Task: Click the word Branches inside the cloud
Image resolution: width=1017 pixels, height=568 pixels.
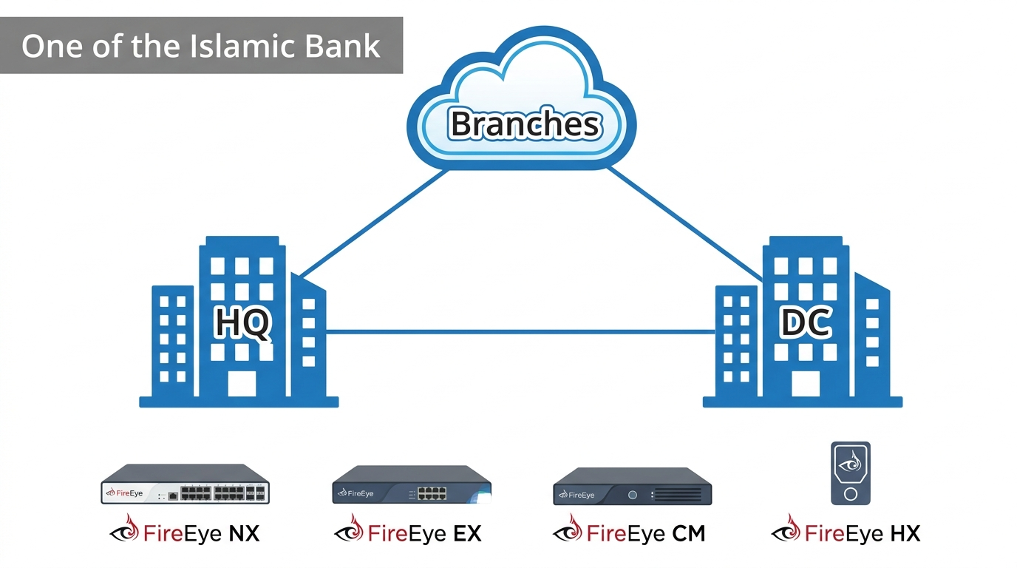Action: coord(524,124)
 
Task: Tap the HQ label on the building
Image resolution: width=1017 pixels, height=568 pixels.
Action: coord(242,324)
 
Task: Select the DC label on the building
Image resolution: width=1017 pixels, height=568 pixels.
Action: coord(806,324)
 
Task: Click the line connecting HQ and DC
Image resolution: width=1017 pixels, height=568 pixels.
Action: coord(517,332)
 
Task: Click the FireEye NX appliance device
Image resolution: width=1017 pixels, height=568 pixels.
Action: coord(185,484)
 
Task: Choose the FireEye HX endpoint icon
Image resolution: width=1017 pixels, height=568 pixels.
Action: coord(850,473)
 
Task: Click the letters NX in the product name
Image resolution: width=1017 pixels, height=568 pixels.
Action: coord(245,532)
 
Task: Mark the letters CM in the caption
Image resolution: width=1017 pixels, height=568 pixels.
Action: coord(689,532)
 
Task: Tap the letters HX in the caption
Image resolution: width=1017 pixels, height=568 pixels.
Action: coord(905,532)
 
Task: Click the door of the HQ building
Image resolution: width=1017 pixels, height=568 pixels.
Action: coord(241,385)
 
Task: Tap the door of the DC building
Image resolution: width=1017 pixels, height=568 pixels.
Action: coord(805,385)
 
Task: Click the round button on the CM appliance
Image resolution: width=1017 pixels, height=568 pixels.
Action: coord(633,494)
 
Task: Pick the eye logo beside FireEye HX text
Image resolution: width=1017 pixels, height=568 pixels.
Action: coord(786,530)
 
